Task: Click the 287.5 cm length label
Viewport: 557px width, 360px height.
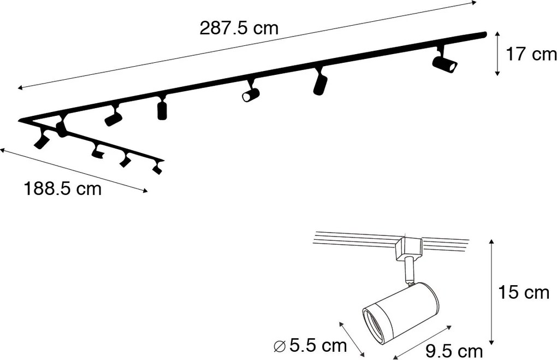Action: tap(239, 29)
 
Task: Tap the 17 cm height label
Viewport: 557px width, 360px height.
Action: tap(531, 55)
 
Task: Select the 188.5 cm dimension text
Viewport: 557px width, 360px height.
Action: tap(63, 190)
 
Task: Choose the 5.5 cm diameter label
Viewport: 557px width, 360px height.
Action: tap(317, 345)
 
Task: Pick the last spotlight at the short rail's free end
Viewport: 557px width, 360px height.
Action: tap(158, 168)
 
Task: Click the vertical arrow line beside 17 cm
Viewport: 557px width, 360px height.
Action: tap(497, 54)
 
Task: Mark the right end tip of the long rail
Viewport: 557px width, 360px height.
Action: tap(484, 34)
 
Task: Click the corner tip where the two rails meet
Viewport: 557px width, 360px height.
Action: tap(21, 120)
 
